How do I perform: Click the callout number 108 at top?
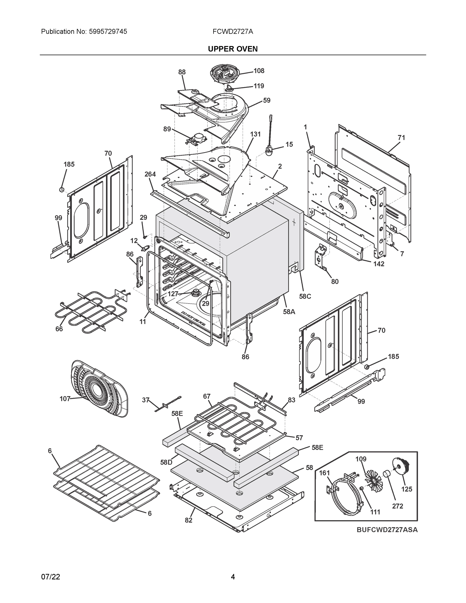click(x=259, y=71)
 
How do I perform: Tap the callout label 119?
click(x=259, y=86)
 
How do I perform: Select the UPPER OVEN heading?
click(x=233, y=49)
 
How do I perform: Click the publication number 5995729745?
click(x=108, y=31)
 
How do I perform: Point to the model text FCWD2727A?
click(x=233, y=31)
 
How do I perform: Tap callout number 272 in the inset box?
click(x=397, y=506)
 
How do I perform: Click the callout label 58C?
click(x=305, y=296)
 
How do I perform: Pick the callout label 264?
click(x=150, y=174)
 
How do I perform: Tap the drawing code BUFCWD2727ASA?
click(x=387, y=530)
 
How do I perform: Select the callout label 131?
click(x=255, y=134)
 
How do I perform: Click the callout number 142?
click(x=379, y=264)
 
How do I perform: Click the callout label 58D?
click(x=166, y=462)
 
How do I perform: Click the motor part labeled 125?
click(x=403, y=467)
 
